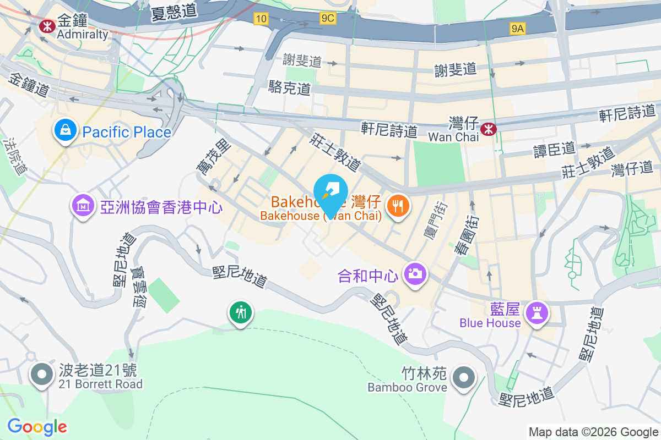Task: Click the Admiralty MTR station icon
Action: click(x=47, y=25)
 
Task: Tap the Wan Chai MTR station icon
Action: click(x=487, y=129)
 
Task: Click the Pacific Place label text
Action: click(x=127, y=133)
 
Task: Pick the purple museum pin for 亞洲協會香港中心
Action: click(x=83, y=206)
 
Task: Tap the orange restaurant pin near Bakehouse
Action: click(x=397, y=206)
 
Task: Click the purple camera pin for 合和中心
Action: click(x=415, y=273)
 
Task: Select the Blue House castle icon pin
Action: click(x=537, y=313)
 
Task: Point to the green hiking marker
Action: click(x=240, y=313)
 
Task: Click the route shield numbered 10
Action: click(x=261, y=19)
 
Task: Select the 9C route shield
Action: click(x=328, y=19)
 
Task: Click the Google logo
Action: click(x=37, y=427)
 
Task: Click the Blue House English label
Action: click(x=490, y=323)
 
